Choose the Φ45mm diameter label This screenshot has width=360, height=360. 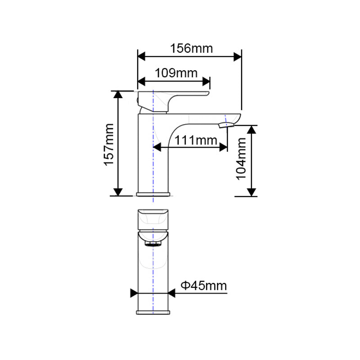203,285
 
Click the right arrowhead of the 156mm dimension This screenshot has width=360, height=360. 237,56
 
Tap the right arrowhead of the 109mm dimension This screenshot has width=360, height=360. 206,81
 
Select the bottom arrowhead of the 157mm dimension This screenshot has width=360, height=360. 118,192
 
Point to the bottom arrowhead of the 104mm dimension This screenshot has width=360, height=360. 252,192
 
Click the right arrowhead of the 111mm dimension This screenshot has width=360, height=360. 222,146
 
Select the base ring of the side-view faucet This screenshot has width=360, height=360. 154,194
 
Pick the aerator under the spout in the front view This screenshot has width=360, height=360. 153,243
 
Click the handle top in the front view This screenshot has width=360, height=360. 153,218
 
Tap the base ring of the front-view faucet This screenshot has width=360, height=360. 153,311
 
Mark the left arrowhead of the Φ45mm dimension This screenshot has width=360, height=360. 134,293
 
